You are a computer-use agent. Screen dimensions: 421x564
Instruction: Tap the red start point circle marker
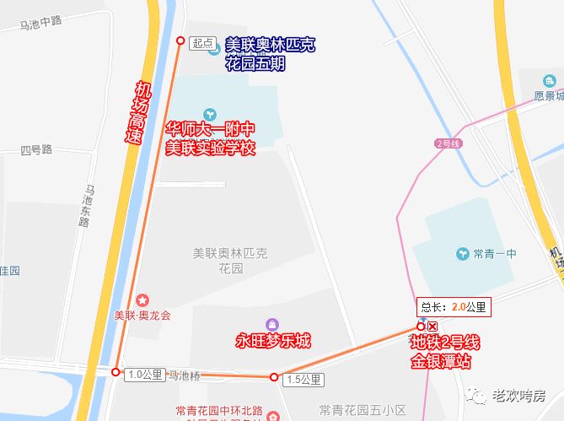point(180,40)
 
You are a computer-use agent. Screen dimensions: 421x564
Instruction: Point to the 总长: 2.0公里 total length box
point(454,307)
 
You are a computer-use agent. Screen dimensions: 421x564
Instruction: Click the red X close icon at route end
point(432,327)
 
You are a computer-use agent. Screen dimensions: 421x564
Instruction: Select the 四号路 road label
point(37,150)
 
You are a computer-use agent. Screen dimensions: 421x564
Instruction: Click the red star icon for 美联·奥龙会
point(142,300)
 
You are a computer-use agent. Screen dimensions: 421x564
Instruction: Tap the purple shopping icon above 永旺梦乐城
point(272,325)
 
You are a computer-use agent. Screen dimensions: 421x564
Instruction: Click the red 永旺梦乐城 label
point(272,342)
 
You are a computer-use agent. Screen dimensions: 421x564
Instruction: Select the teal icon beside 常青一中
point(462,253)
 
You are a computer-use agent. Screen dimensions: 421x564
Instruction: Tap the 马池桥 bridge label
point(184,374)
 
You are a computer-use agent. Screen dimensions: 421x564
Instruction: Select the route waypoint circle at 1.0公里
point(115,372)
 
